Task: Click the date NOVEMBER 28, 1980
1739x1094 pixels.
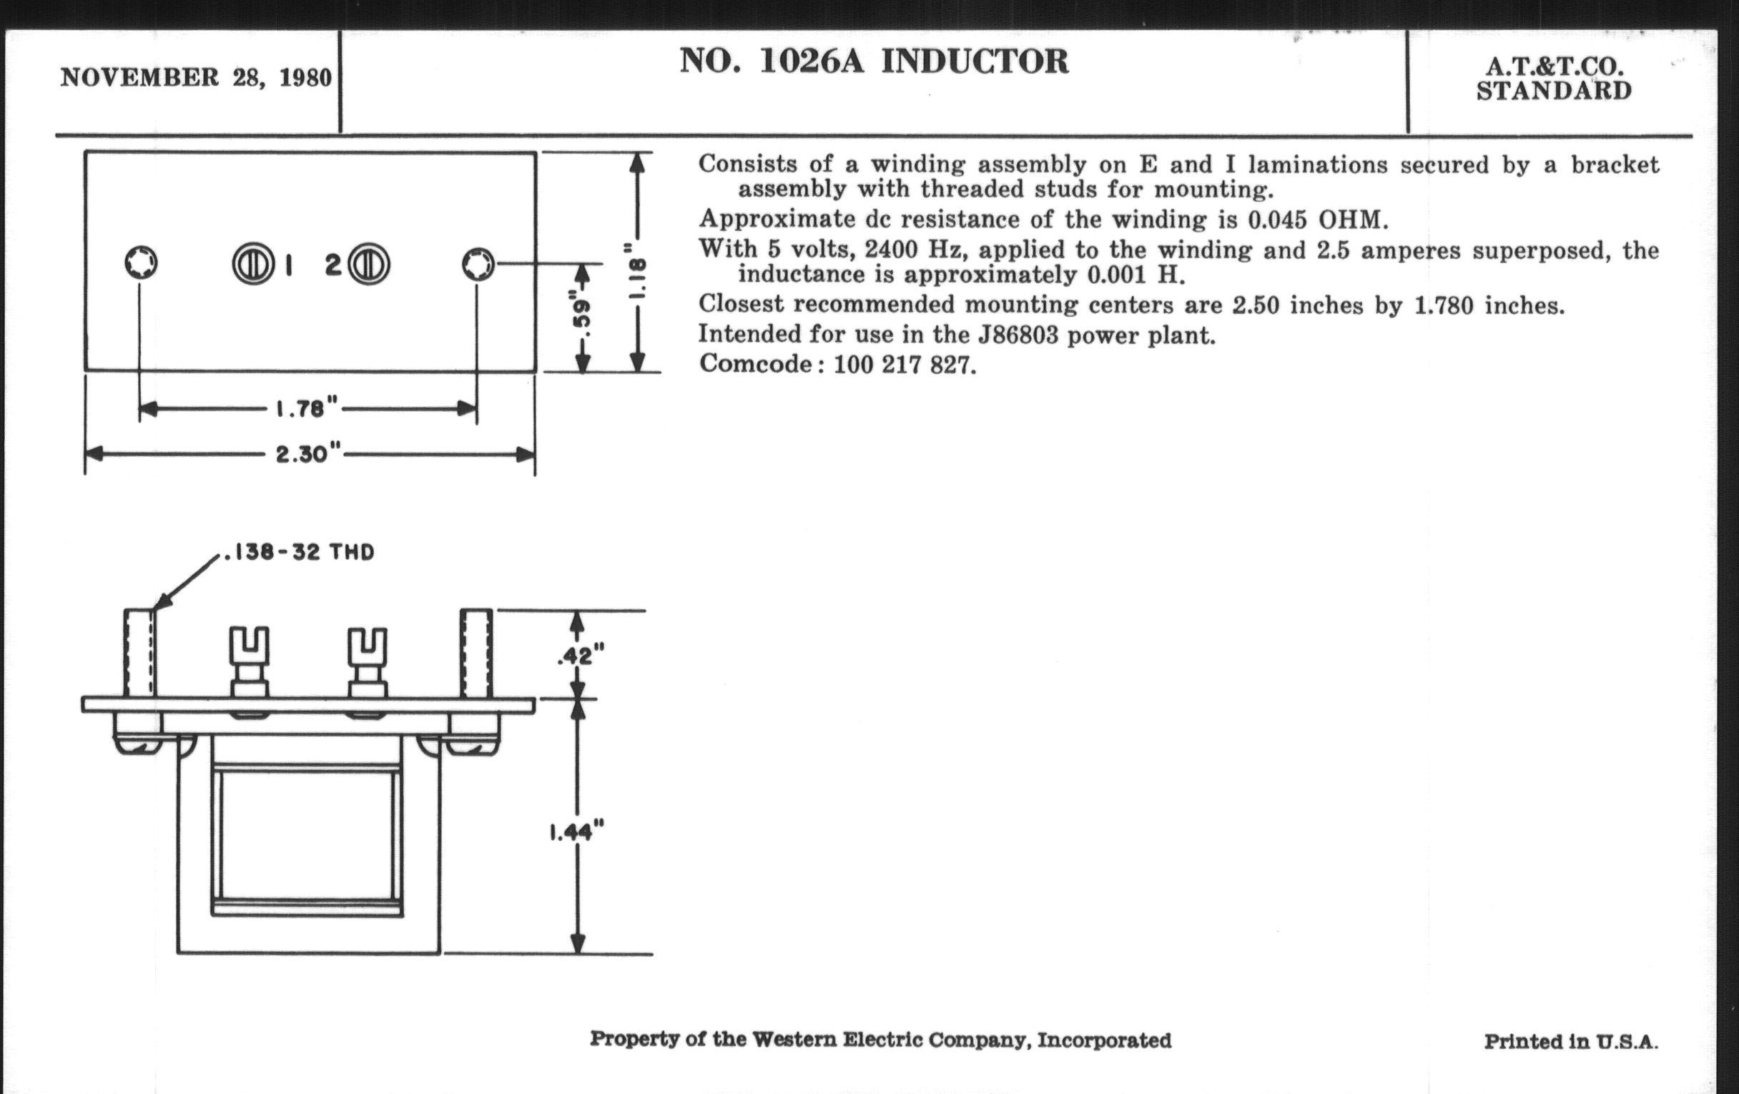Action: pyautogui.click(x=196, y=77)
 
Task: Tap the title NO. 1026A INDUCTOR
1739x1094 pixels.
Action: pyautogui.click(x=874, y=61)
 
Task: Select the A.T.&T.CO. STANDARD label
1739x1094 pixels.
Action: pyautogui.click(x=1553, y=79)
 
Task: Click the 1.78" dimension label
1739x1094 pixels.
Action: pyautogui.click(x=306, y=410)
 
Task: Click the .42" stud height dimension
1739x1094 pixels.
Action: pyautogui.click(x=580, y=655)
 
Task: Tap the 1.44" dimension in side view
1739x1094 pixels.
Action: pyautogui.click(x=576, y=832)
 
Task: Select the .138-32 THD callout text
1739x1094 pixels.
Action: pyautogui.click(x=300, y=553)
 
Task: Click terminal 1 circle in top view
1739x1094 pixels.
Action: pyautogui.click(x=252, y=265)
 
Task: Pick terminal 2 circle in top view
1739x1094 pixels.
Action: pyautogui.click(x=369, y=265)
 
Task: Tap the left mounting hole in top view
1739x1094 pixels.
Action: pyautogui.click(x=140, y=264)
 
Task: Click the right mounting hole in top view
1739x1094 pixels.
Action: pyautogui.click(x=478, y=265)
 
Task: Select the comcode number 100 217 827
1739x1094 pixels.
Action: pyautogui.click(x=904, y=365)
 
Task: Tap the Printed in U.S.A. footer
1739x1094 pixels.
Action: pyautogui.click(x=1571, y=1041)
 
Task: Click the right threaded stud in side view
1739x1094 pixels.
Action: pyautogui.click(x=477, y=654)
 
